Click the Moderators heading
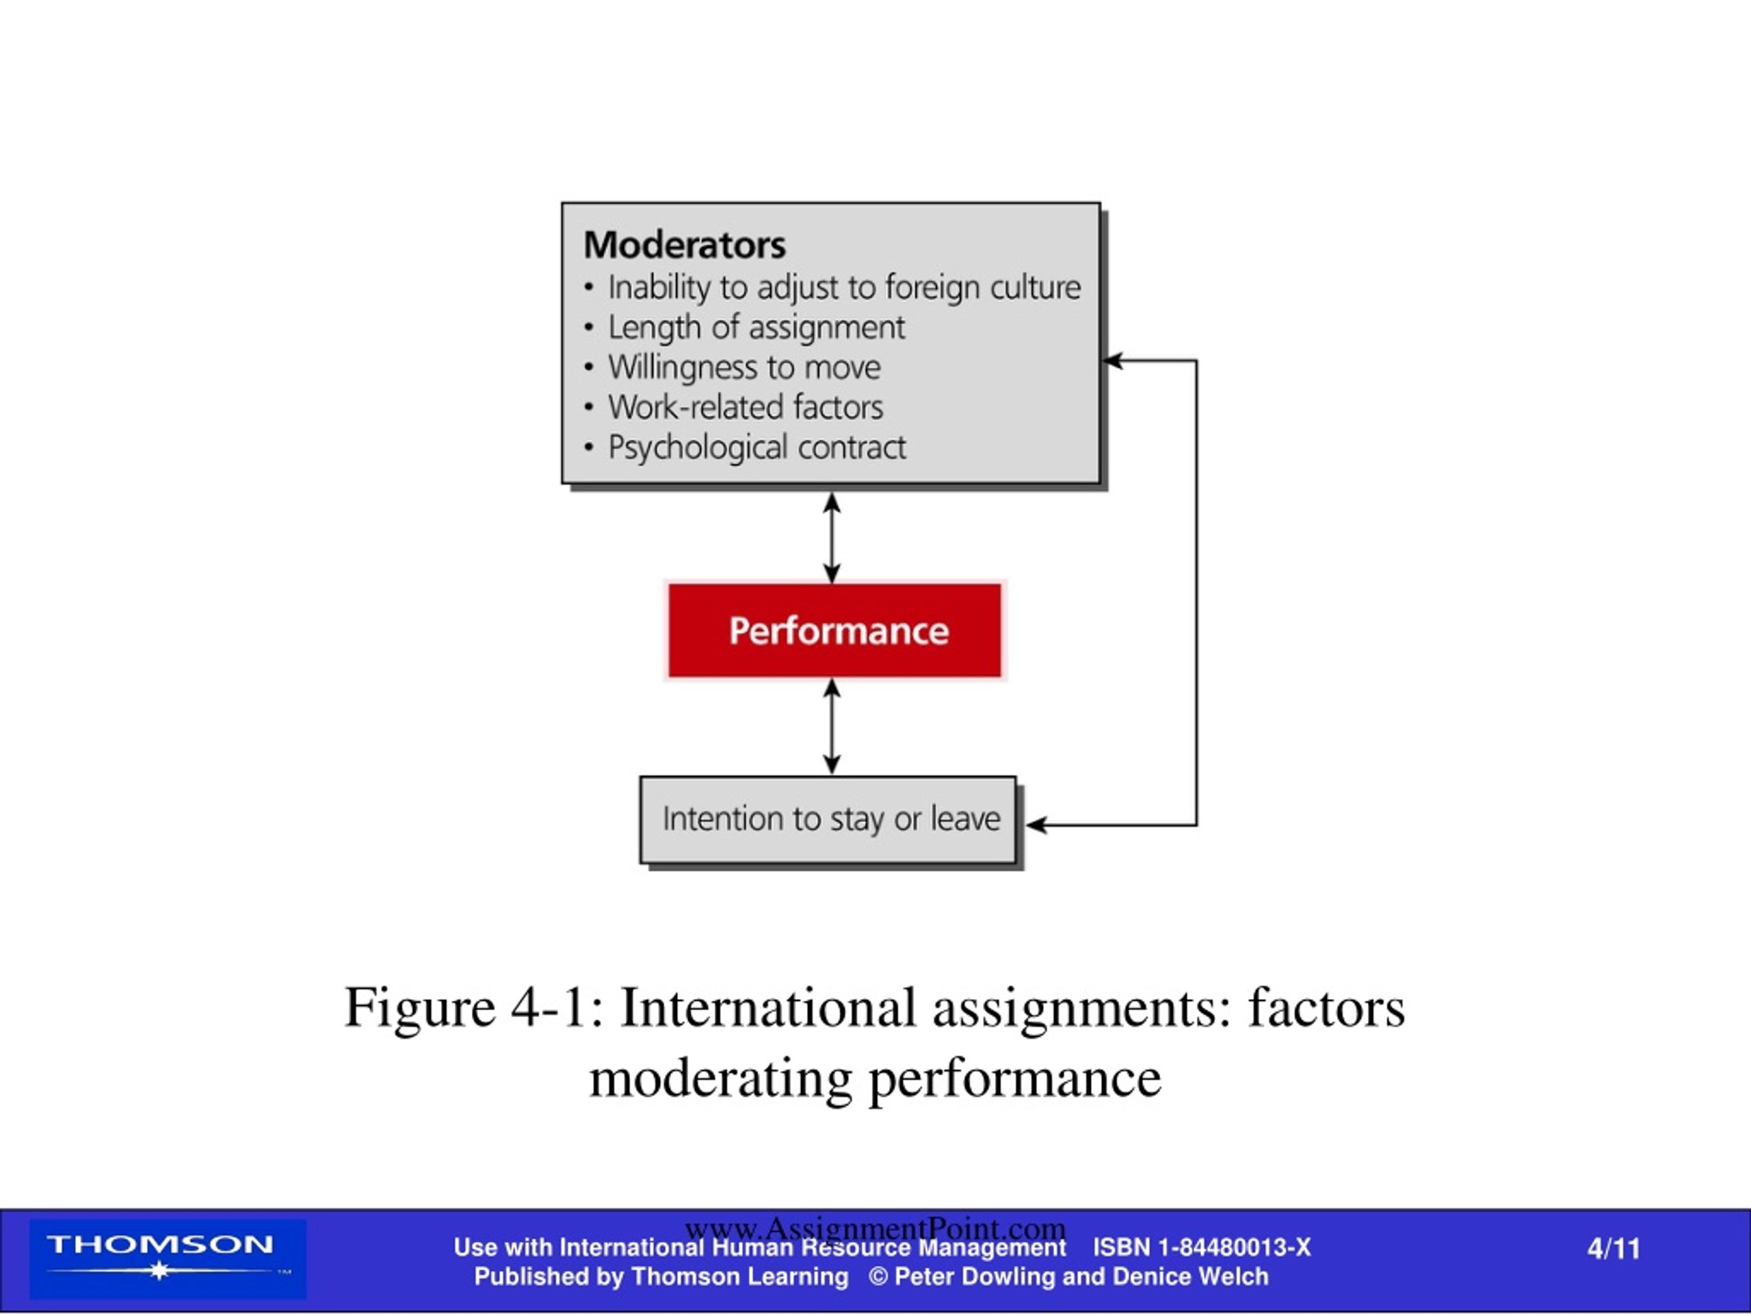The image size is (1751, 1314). point(684,245)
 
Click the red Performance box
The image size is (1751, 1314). point(834,630)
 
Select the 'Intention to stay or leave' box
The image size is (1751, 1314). point(828,820)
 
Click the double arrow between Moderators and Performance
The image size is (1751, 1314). point(831,538)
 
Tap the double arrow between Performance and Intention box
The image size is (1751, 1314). point(831,726)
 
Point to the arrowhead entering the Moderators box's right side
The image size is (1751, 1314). point(1112,361)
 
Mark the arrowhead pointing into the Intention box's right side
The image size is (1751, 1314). point(1037,825)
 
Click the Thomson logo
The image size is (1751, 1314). point(168,1259)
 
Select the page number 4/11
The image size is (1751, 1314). point(1614,1249)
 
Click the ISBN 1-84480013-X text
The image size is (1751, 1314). point(1202,1248)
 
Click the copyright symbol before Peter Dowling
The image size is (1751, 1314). point(878,1277)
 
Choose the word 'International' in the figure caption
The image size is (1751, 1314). point(768,1007)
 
